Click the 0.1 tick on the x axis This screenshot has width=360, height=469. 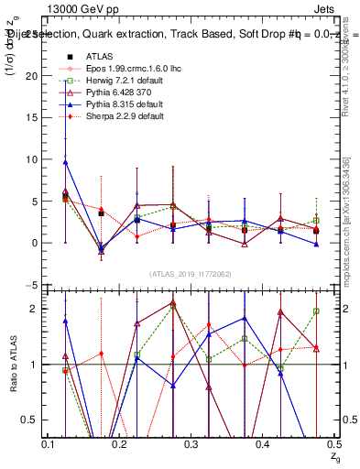point(50,444)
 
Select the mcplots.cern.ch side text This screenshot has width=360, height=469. point(348,238)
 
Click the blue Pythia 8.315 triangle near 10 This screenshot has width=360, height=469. point(65,162)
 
